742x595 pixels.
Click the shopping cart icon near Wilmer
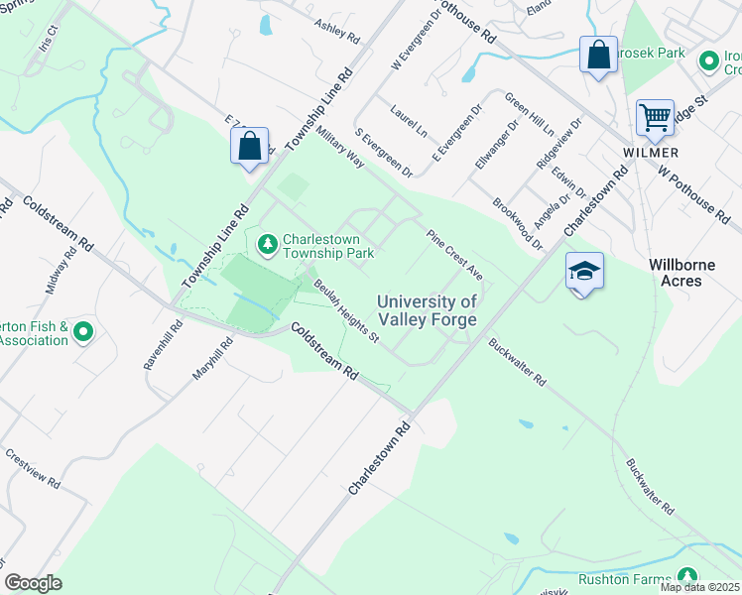point(655,117)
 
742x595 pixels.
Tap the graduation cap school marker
point(584,271)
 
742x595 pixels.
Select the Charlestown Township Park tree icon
point(268,243)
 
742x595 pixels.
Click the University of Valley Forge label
point(428,310)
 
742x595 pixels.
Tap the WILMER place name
point(651,153)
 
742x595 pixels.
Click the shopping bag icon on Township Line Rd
point(249,147)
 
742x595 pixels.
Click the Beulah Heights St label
point(346,310)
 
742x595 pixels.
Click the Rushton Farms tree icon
point(685,577)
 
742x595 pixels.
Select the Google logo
point(33,583)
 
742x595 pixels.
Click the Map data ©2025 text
point(699,587)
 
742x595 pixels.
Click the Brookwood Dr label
point(518,223)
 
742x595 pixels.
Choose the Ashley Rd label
point(336,31)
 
